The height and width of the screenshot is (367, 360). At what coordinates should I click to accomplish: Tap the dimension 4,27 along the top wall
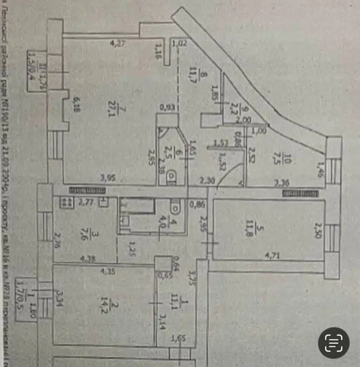coord(118,44)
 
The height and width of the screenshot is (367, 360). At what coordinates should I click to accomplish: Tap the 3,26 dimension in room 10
coord(281,182)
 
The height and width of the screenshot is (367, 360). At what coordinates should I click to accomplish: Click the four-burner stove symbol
coord(65,200)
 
